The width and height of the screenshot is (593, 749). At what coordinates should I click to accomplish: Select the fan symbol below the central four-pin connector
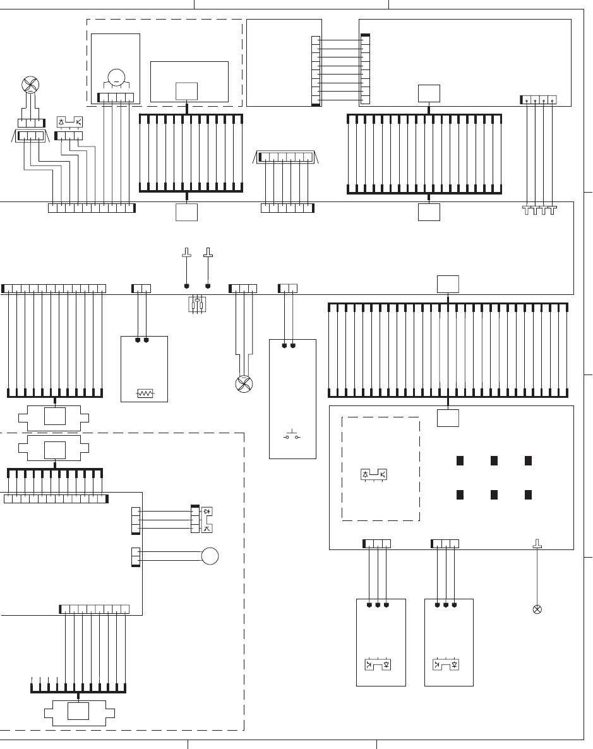(242, 383)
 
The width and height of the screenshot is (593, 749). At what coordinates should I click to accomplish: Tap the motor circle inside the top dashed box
(116, 78)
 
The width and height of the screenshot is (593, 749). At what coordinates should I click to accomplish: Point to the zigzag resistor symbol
(145, 393)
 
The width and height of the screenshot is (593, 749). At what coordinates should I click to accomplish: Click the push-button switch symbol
(291, 436)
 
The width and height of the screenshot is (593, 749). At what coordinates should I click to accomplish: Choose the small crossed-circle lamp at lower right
(537, 610)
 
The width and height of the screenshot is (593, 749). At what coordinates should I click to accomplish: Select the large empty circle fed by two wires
(210, 556)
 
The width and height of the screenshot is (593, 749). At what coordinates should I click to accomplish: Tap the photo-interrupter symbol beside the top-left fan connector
(70, 121)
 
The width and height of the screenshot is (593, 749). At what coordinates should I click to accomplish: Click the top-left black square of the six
(460, 460)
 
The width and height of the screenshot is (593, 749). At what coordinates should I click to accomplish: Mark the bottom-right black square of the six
(528, 494)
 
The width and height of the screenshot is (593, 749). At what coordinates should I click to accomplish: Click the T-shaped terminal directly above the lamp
(537, 544)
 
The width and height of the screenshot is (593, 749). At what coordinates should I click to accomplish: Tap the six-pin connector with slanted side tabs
(287, 157)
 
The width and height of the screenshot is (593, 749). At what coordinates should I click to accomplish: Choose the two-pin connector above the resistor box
(141, 289)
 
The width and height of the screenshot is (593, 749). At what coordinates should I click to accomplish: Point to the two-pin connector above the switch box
(288, 289)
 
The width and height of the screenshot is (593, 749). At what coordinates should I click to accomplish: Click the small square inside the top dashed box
(187, 91)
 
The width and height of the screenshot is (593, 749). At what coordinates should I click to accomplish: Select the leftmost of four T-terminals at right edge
(526, 209)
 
